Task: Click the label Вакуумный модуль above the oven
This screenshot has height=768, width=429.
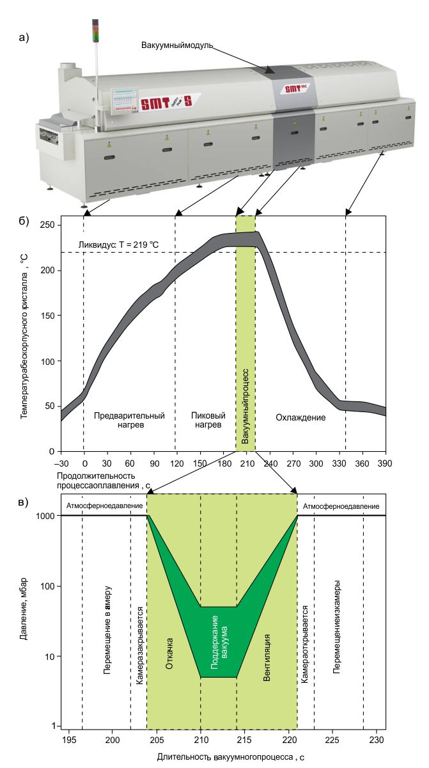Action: (x=177, y=45)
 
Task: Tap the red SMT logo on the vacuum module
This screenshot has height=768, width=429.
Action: (x=295, y=88)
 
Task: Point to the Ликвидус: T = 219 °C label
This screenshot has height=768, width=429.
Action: (x=118, y=244)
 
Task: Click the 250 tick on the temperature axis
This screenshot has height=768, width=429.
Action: (x=47, y=225)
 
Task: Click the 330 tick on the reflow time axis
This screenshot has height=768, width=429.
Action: (x=339, y=463)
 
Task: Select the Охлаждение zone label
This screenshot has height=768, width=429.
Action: (x=300, y=417)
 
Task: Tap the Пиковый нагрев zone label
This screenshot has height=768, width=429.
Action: (x=208, y=420)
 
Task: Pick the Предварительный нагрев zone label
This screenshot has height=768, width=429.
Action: (x=129, y=420)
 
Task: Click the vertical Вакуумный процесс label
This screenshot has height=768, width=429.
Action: (x=245, y=406)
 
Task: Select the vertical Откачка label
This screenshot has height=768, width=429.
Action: (x=169, y=653)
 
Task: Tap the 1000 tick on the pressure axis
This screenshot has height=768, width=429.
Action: (x=45, y=516)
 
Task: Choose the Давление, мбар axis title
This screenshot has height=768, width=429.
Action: (x=23, y=609)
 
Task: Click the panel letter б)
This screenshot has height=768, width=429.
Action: (x=24, y=221)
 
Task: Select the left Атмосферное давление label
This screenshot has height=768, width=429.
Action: (x=104, y=506)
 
